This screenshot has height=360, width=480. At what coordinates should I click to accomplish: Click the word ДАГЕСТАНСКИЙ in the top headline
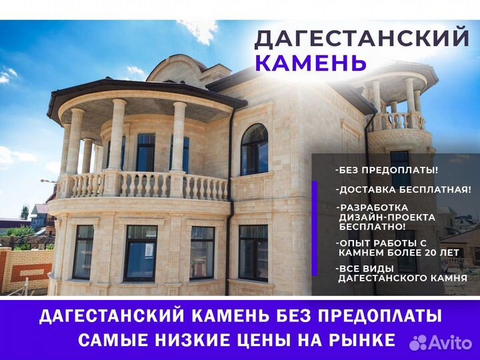coord(361,38)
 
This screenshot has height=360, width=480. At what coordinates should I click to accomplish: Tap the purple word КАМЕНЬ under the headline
coord(311,63)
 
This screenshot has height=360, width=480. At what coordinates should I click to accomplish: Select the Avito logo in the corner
coord(441,342)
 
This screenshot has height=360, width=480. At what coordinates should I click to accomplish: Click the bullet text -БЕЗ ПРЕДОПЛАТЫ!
coord(387,170)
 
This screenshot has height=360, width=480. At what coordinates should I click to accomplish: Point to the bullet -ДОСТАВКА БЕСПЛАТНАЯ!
coord(403,189)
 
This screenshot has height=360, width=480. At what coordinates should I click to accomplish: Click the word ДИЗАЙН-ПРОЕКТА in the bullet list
coord(387,217)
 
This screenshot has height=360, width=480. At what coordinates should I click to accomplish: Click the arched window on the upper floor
coord(254,150)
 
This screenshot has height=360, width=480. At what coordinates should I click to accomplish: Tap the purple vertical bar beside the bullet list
coord(315,229)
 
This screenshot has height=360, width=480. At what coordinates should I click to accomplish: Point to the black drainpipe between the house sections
coord(229,202)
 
